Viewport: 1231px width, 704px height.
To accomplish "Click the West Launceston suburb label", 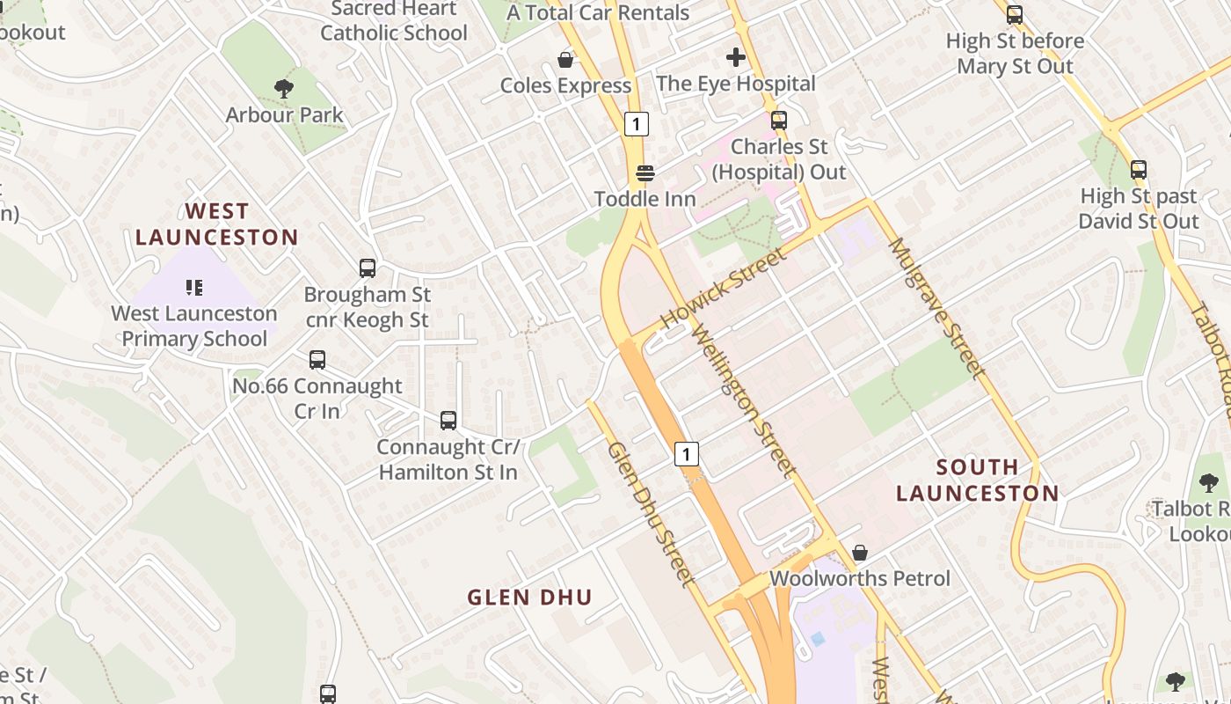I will (x=216, y=224).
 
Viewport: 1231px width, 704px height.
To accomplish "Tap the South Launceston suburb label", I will (x=978, y=480).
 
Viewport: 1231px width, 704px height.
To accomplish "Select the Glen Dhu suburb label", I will (x=529, y=598).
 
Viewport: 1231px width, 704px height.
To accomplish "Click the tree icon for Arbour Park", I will (x=283, y=88).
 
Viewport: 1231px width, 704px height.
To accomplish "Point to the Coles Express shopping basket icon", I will (x=565, y=60).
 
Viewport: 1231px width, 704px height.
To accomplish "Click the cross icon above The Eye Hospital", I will (x=736, y=58).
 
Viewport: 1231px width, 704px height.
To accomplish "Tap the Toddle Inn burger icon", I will (x=645, y=172).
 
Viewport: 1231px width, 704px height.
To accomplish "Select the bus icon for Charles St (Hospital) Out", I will (x=778, y=121).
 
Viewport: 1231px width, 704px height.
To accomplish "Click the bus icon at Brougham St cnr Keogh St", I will (x=368, y=268).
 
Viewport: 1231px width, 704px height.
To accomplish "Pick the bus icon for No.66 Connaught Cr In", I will (x=317, y=360).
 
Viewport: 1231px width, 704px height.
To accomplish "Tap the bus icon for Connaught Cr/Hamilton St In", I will (x=448, y=421).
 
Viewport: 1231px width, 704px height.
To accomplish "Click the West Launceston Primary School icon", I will (x=194, y=287).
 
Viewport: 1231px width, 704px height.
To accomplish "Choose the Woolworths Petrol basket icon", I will (x=860, y=553).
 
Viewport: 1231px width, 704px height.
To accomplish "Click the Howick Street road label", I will (x=723, y=289).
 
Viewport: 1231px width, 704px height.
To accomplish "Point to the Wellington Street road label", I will (x=743, y=401).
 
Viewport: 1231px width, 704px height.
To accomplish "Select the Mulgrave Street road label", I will (x=938, y=307).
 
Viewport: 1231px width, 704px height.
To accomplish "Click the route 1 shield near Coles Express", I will (x=637, y=124).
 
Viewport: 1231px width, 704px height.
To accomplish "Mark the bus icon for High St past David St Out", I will (x=1139, y=170).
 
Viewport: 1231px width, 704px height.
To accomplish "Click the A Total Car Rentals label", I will (x=598, y=12).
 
